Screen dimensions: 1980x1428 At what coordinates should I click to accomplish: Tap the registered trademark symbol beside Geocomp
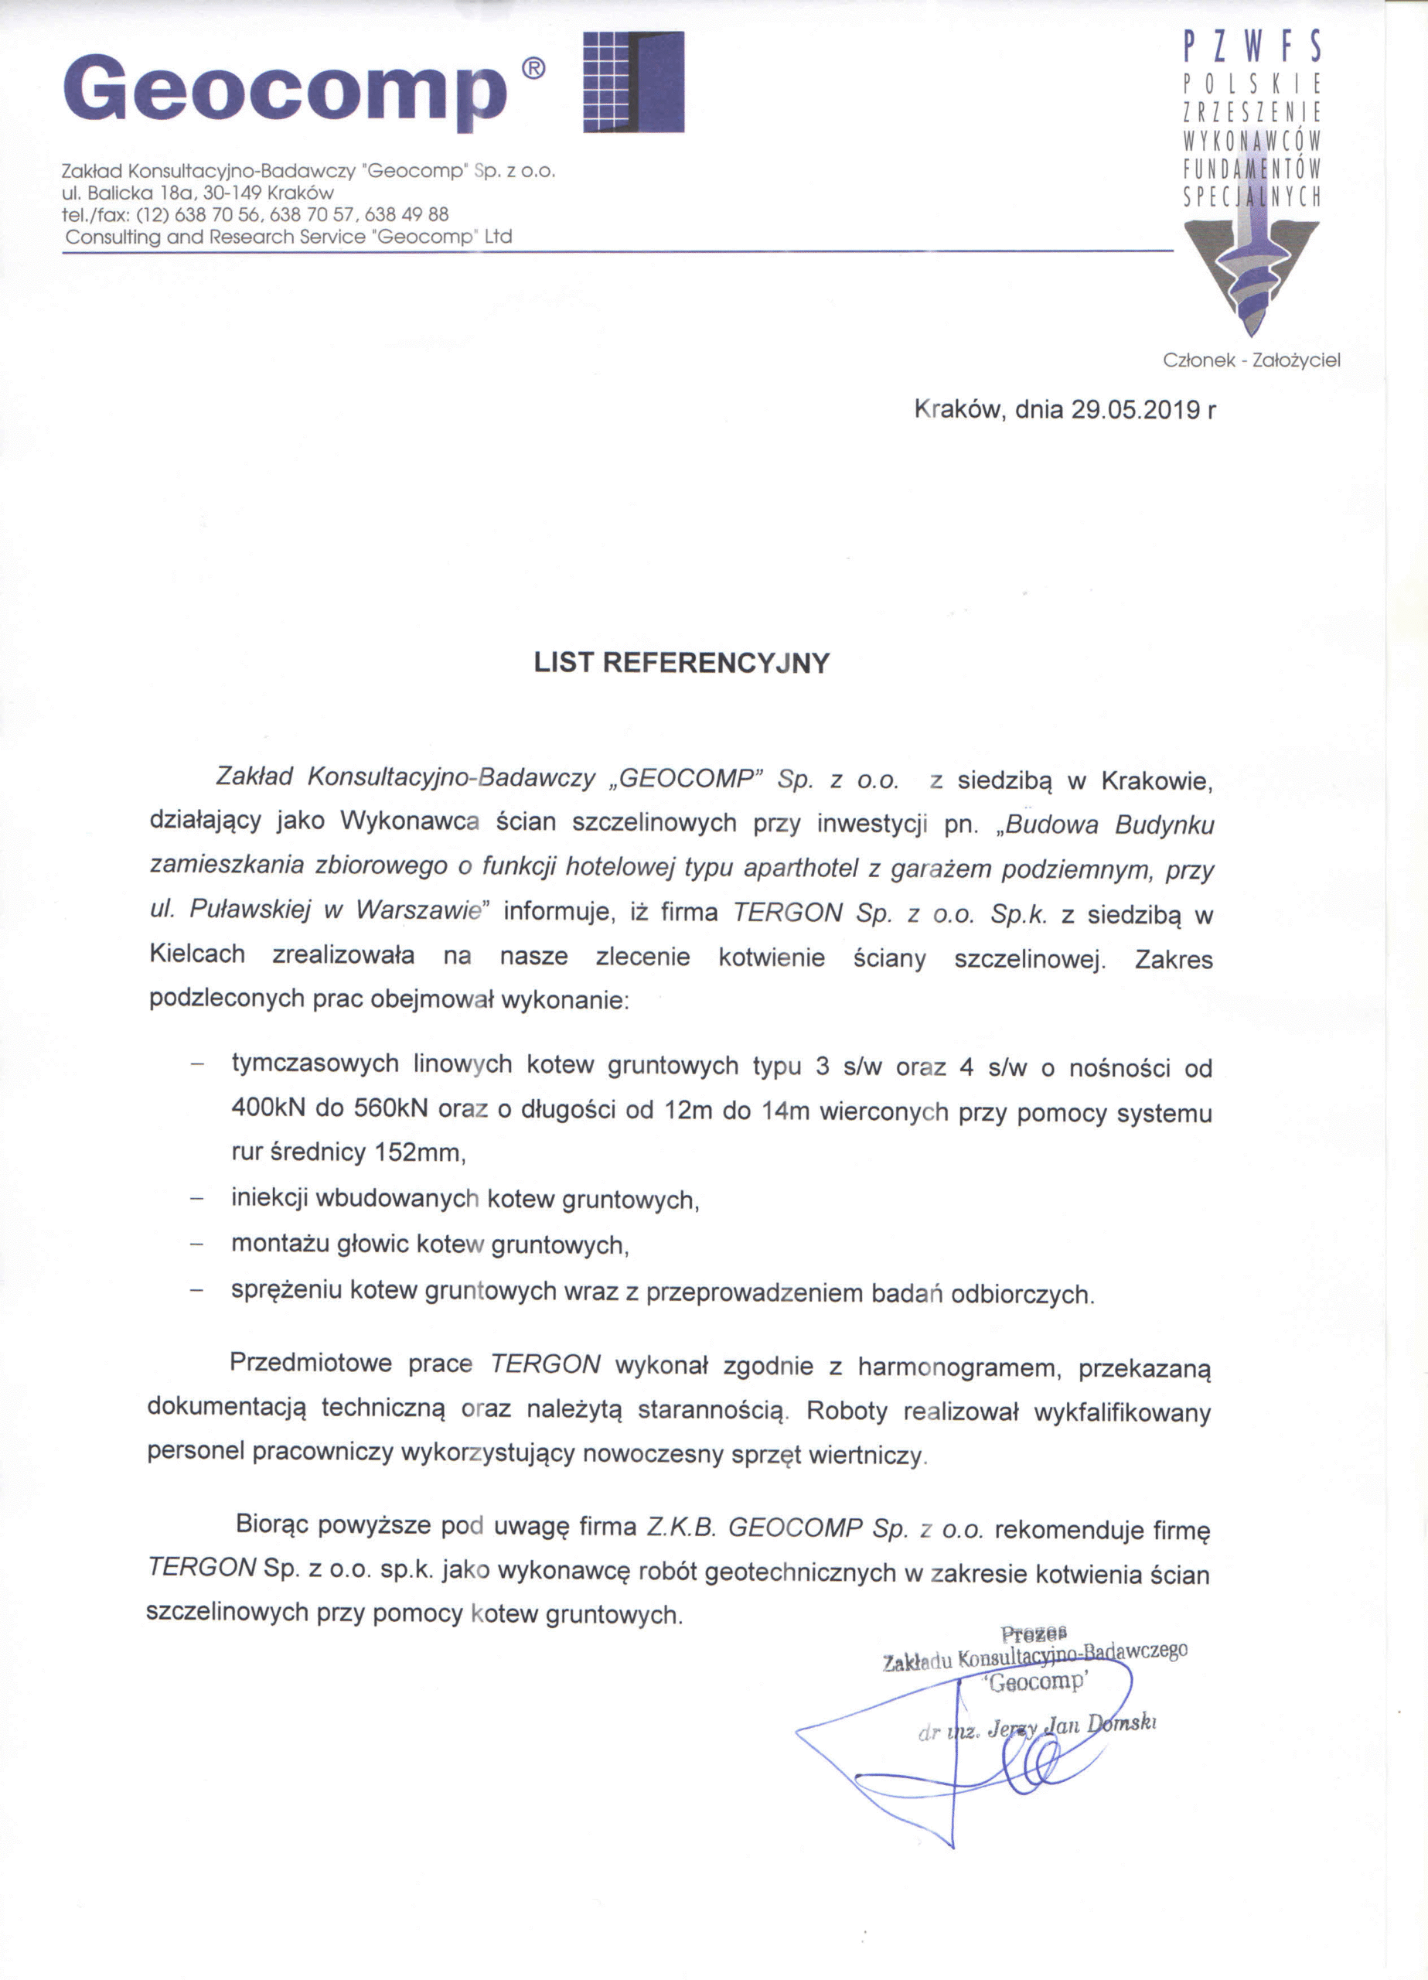pos(533,69)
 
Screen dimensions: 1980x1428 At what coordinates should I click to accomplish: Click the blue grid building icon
pos(633,82)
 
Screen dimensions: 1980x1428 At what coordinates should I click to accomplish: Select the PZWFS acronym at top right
pos(1251,47)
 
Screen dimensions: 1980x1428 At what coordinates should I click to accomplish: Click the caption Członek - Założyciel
pos(1251,360)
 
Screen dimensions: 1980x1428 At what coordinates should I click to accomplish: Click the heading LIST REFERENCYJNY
pos(682,664)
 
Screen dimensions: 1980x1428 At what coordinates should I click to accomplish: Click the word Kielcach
pos(197,954)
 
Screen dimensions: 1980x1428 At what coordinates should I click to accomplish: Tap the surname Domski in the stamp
pos(1121,1722)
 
